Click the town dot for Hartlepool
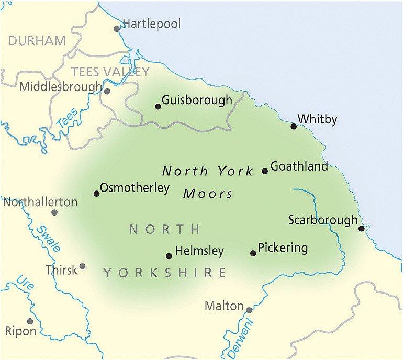point(117,29)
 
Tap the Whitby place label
point(317,119)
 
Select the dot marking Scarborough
point(362,228)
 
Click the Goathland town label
point(299,166)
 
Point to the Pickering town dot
point(253,253)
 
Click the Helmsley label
point(199,251)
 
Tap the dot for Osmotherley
point(96,194)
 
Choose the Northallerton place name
point(40,202)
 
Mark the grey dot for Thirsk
point(82,266)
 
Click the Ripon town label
point(21,331)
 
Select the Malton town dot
point(249,310)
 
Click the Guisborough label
point(197,100)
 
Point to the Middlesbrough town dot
point(107,91)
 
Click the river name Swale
point(48,239)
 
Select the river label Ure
point(23,285)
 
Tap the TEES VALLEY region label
point(110,72)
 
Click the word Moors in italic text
point(208,194)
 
